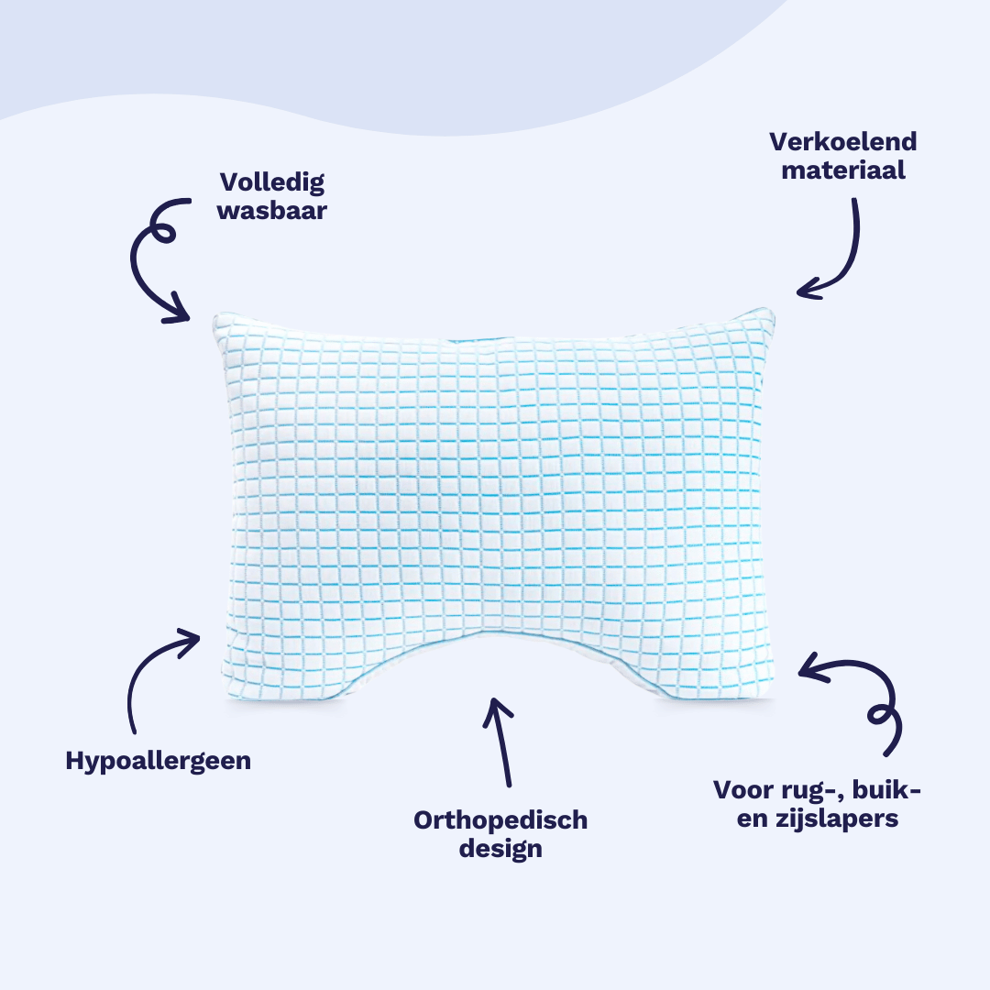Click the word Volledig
click(271, 182)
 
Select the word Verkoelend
click(843, 142)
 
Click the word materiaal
click(843, 171)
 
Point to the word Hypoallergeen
click(158, 761)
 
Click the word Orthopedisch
click(500, 819)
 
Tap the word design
click(500, 849)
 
